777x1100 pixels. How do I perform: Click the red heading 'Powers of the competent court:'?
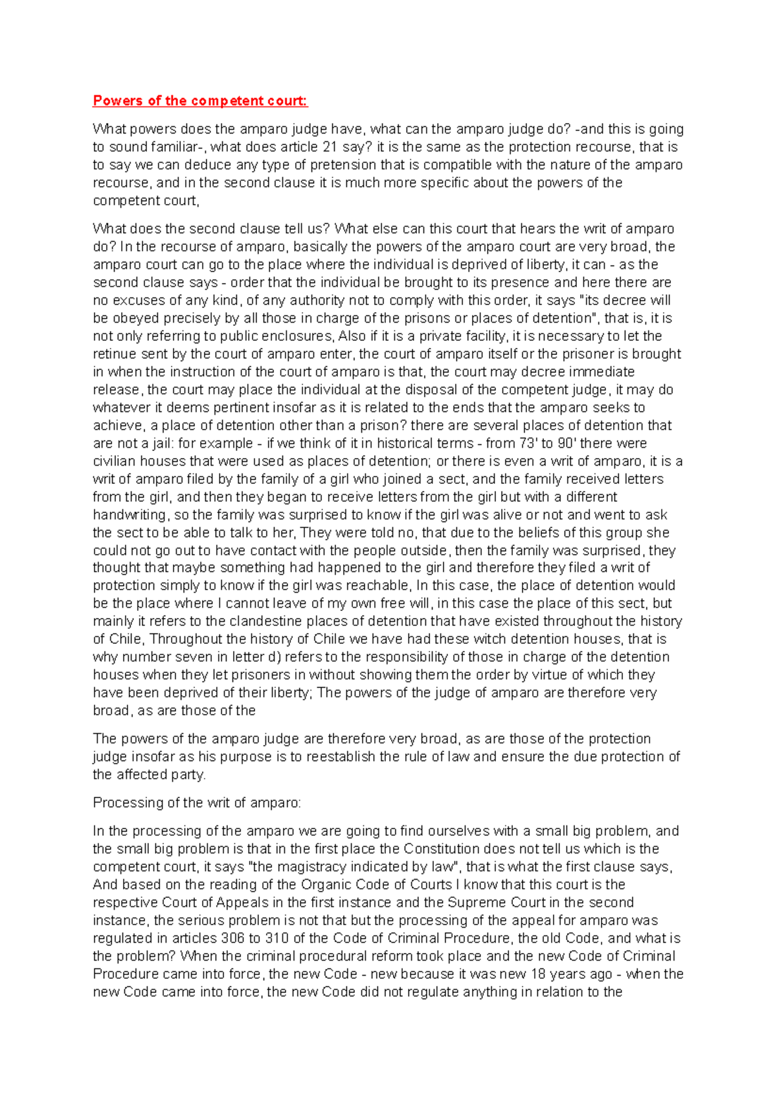pyautogui.click(x=200, y=100)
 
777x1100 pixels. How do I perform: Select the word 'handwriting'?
pyautogui.click(x=129, y=515)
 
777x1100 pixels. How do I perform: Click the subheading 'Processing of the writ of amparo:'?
pyautogui.click(x=197, y=803)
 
